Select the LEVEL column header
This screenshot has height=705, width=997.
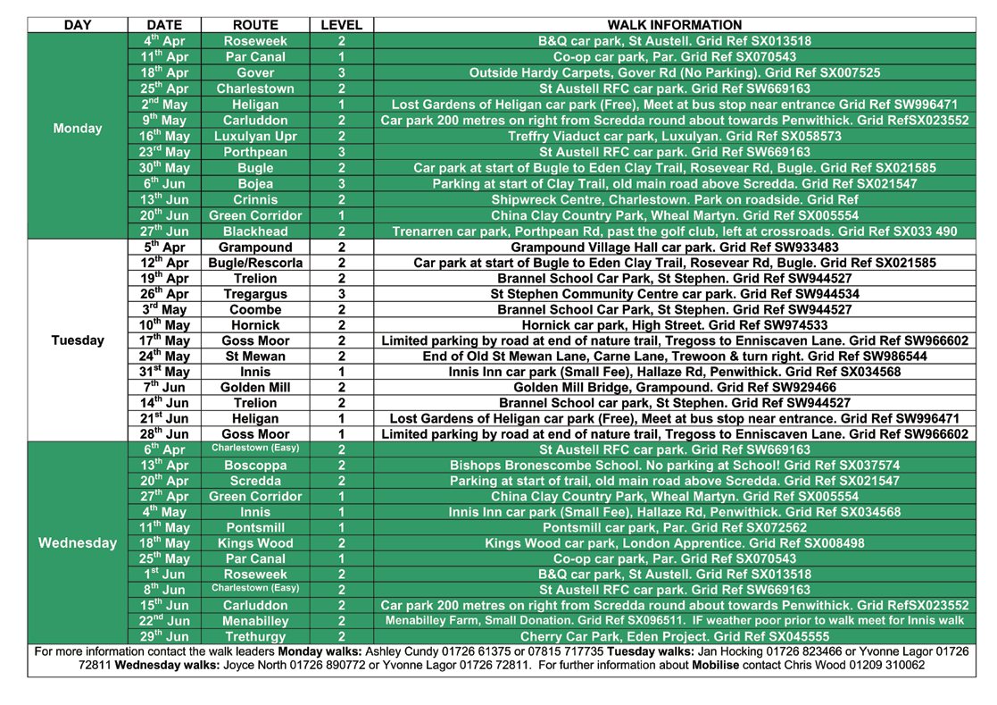[341, 25]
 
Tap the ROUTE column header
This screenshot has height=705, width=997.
[255, 25]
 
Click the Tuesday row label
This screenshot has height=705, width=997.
[78, 340]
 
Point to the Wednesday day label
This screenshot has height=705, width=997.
[78, 542]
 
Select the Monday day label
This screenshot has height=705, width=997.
[78, 129]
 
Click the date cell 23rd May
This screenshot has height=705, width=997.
[165, 152]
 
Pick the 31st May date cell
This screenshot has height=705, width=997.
[165, 372]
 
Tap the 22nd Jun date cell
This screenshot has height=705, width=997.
[165, 621]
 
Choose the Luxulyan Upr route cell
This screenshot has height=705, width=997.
[255, 137]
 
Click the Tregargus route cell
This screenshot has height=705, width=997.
[255, 293]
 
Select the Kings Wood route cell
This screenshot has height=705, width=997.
[255, 542]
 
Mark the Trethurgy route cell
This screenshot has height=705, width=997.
[255, 636]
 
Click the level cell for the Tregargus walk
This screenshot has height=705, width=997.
[341, 293]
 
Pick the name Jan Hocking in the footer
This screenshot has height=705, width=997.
[710, 651]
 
